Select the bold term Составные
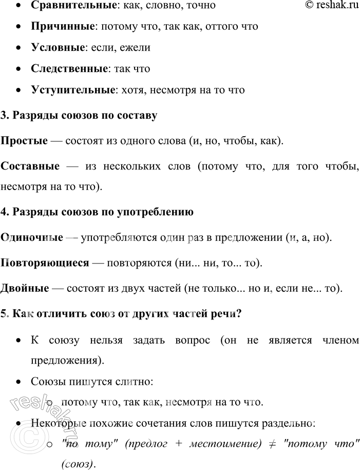tap(30, 166)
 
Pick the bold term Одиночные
tap(31, 238)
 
